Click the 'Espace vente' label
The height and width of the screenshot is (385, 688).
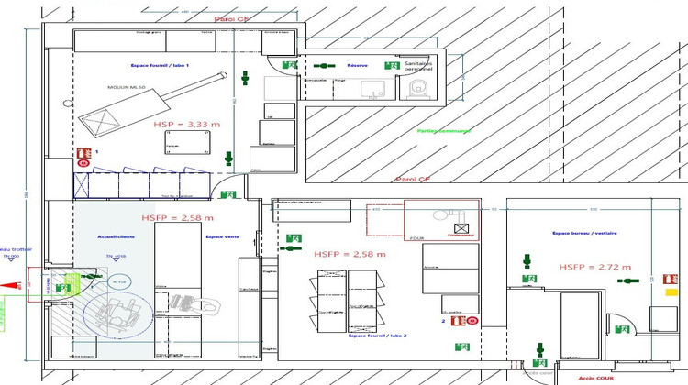coord(221,236)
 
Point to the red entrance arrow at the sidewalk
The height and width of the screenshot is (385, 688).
coord(17,285)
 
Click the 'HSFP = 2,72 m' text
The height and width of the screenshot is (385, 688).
coord(595,267)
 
